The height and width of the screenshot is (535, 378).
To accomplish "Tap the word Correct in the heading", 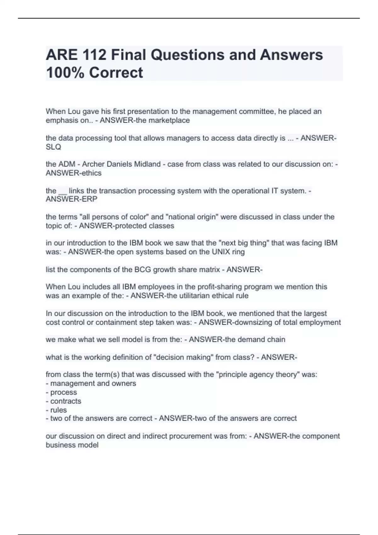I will click(x=116, y=73).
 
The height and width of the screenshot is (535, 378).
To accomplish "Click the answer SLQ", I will click(x=53, y=147).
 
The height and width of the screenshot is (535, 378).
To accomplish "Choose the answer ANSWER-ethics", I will click(x=73, y=173).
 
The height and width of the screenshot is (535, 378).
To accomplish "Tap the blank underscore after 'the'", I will click(x=63, y=191).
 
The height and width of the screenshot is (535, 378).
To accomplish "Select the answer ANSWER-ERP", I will click(x=72, y=199).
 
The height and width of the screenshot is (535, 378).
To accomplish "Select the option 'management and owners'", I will click(x=93, y=384).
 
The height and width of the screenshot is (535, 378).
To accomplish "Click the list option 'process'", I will click(x=63, y=392).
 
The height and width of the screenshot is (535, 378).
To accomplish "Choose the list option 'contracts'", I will click(x=66, y=401).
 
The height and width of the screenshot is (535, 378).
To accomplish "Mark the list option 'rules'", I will click(x=58, y=410).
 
